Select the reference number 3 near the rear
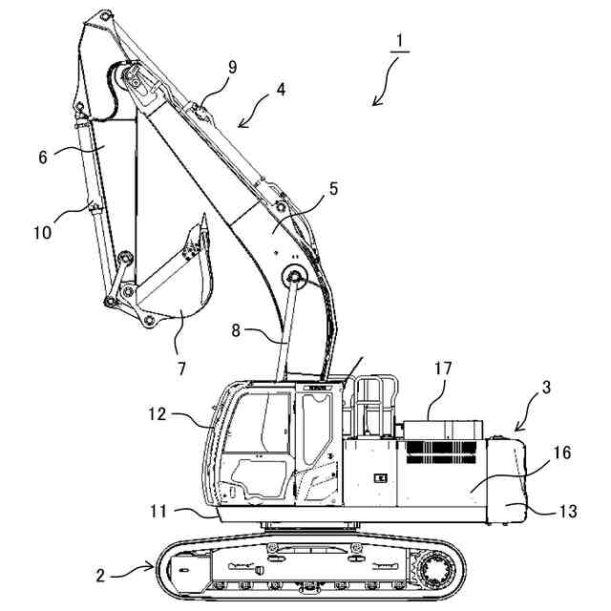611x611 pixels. point(545,388)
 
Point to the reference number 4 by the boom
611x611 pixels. point(280,91)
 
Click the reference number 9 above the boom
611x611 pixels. point(233,67)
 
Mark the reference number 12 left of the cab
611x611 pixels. point(158,415)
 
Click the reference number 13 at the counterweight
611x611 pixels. point(567,512)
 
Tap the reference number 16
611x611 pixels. point(562,453)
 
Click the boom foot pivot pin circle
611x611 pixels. point(293,278)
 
